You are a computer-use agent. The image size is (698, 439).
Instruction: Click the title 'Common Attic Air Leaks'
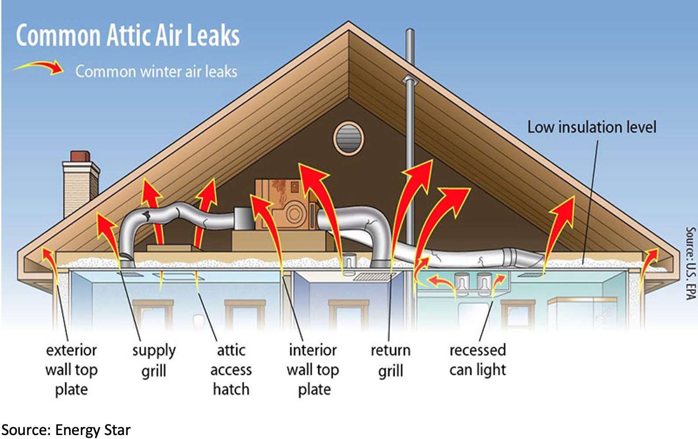(128, 35)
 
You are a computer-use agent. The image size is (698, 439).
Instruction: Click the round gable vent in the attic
(349, 138)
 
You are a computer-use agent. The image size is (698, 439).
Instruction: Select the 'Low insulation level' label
(591, 128)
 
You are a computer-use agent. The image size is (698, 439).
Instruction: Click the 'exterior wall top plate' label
(71, 369)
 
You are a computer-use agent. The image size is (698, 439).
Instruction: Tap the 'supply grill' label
(154, 360)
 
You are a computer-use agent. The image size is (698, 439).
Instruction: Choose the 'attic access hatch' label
(231, 369)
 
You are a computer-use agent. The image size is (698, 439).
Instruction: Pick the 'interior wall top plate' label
(313, 369)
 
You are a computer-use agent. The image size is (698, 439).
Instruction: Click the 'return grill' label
(390, 360)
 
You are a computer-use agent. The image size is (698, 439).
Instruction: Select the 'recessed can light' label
(478, 360)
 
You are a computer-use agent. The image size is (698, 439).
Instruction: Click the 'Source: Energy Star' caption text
(66, 430)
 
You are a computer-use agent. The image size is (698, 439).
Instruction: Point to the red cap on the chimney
(80, 156)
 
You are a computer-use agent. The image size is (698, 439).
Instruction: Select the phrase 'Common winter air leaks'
(156, 71)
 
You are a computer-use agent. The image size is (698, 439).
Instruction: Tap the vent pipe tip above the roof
(410, 33)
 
